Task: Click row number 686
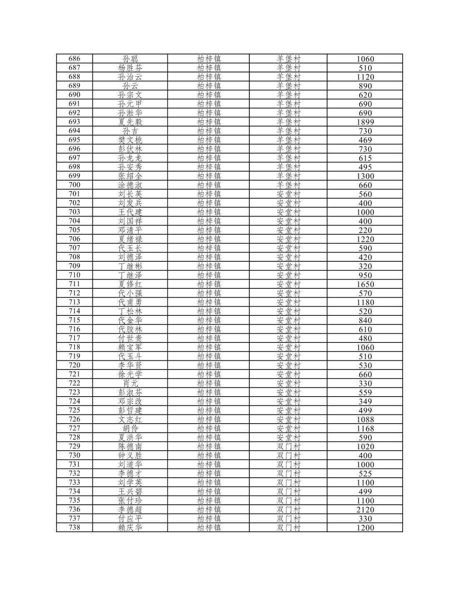point(74,59)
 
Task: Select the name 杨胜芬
point(130,68)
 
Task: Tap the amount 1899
point(365,122)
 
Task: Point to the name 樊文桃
point(130,140)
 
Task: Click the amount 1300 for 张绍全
point(365,176)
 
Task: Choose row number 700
point(74,185)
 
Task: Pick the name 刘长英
point(130,194)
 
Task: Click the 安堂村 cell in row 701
point(288,194)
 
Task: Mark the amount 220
point(365,230)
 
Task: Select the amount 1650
point(365,284)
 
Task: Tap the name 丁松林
point(130,311)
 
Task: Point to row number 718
point(74,347)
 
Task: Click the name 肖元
point(130,383)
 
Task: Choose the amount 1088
point(365,419)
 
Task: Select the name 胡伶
point(130,428)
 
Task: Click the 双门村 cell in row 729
point(288,446)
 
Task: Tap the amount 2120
point(365,510)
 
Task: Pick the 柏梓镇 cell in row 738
point(209,528)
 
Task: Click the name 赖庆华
point(130,528)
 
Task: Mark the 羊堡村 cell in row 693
point(288,122)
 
